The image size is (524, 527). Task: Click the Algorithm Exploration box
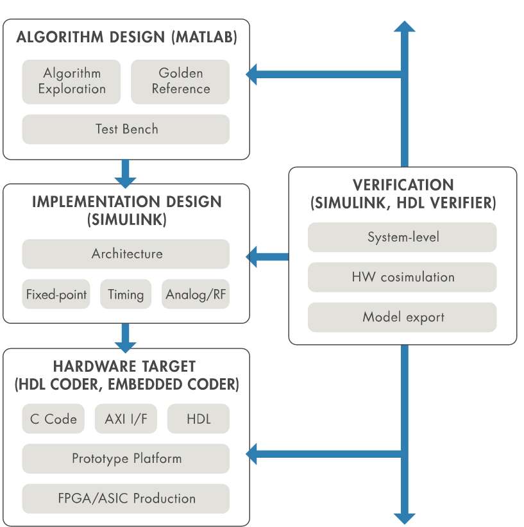point(71,81)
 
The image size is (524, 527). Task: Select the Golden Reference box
point(180,81)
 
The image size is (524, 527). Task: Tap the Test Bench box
point(126,130)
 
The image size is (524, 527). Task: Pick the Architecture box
point(126,254)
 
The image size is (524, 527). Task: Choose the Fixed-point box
point(56,294)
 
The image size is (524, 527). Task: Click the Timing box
point(126,294)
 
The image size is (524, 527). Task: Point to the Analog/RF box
point(196,294)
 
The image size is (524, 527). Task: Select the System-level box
point(402,237)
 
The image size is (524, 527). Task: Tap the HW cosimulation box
point(402,277)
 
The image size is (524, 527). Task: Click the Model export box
point(402,317)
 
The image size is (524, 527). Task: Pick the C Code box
point(53,419)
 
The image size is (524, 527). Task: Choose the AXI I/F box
point(126,419)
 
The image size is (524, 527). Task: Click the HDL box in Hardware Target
point(198,419)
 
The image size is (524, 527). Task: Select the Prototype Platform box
point(126,458)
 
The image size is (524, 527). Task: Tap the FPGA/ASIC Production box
point(126,498)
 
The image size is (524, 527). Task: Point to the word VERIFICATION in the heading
point(403,185)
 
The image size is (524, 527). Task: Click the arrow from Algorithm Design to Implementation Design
point(126,174)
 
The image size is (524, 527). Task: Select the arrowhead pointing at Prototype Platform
point(251,454)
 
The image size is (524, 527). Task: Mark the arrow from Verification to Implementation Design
point(267,257)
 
